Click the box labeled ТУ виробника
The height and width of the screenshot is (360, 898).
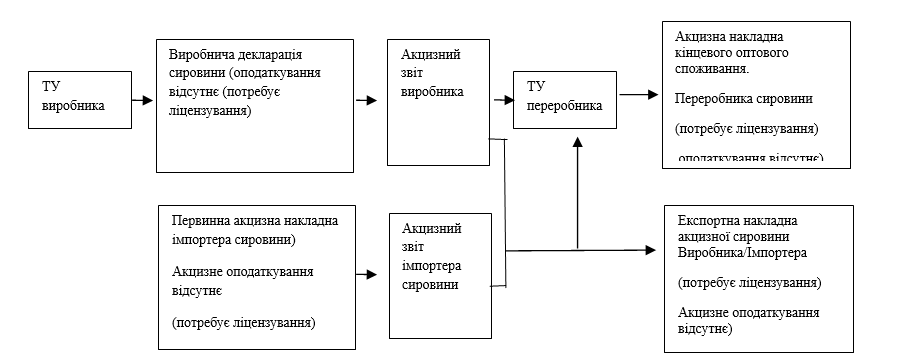[x=81, y=100]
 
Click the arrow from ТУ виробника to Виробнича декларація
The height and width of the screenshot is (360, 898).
[x=143, y=100]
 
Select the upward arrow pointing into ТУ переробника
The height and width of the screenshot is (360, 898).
[x=577, y=190]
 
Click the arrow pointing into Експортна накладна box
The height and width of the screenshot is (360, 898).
[x=640, y=250]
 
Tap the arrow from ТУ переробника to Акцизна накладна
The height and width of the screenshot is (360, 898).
[x=634, y=96]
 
